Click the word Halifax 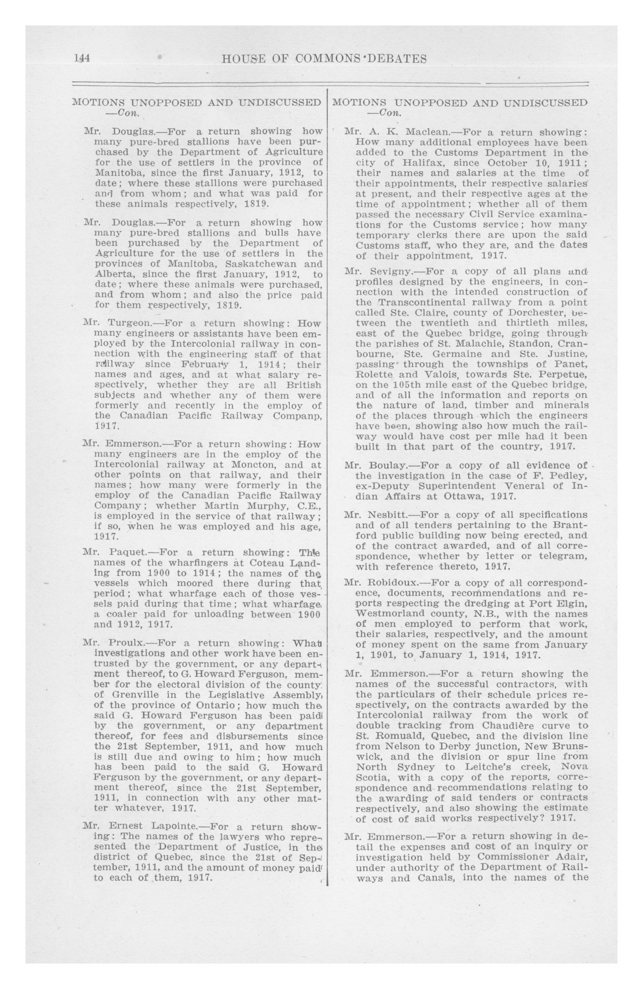tap(408, 163)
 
